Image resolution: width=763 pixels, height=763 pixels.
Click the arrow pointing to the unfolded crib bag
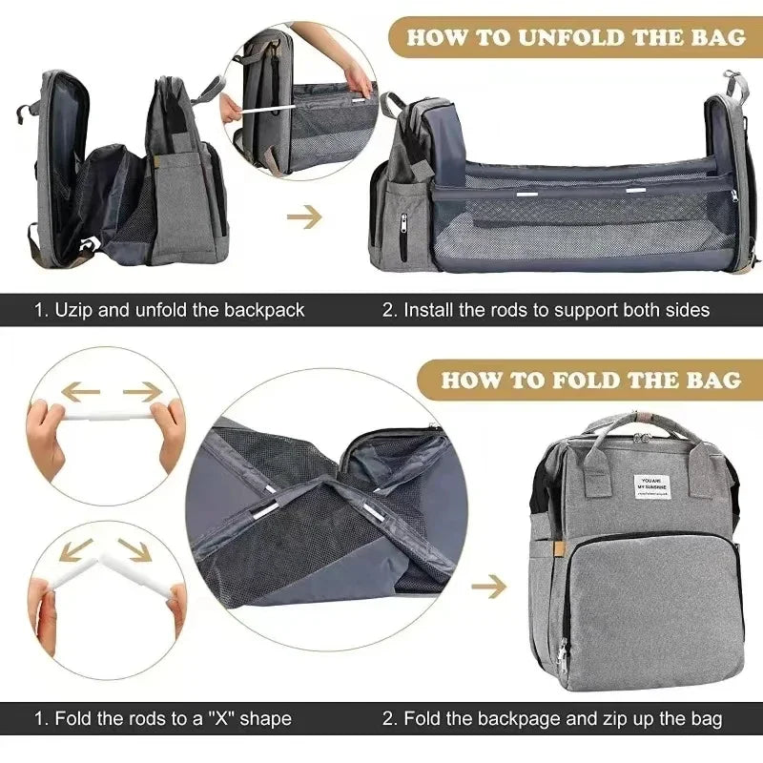pyautogui.click(x=304, y=217)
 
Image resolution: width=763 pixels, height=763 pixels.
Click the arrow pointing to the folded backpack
pyautogui.click(x=487, y=587)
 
